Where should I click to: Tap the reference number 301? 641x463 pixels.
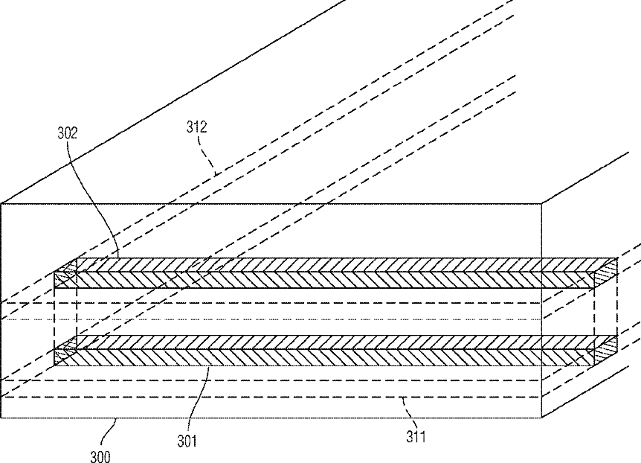(187, 441)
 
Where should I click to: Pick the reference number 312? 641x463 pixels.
(196, 128)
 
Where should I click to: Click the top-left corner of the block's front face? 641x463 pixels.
(1, 203)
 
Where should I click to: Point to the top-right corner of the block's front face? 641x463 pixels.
(541, 203)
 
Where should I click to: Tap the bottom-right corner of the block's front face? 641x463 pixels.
(541, 418)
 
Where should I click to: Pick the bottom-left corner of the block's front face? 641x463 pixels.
(1, 418)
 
